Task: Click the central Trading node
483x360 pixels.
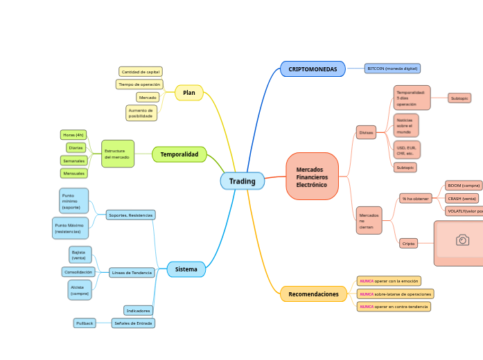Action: coord(243,181)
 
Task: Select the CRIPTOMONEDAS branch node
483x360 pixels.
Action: coord(313,69)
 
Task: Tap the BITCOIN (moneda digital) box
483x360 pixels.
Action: coord(392,69)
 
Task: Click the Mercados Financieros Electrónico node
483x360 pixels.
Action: coord(312,177)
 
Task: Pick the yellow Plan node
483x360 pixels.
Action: coord(189,93)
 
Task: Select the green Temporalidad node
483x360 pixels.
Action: coord(179,154)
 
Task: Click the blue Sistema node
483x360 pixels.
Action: coord(186,269)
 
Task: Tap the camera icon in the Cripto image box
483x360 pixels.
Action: coord(462,240)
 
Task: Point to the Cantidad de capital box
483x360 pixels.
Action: coord(141,71)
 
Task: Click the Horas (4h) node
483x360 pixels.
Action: coord(73,134)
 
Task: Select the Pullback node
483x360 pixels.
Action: coord(84,323)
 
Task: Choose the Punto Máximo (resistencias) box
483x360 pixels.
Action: coord(70,228)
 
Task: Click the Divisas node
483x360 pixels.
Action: coord(367,132)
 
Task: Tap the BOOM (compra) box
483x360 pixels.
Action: coord(464,186)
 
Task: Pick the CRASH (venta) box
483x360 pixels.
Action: coord(462,198)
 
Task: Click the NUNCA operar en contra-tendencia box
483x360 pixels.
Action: coord(394,306)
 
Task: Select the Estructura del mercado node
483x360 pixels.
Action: coord(117,154)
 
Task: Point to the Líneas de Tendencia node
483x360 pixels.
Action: coord(132,273)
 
